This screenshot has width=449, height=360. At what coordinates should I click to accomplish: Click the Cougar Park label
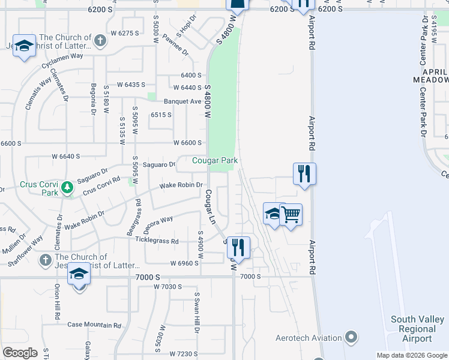coord(215,160)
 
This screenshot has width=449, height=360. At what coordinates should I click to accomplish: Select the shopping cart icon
coord(291,214)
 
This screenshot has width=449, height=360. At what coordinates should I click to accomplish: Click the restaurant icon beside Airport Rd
coord(304,174)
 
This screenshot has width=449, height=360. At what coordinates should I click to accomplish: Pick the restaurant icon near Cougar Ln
coord(238,247)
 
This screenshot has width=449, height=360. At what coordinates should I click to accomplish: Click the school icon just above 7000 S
coord(78,274)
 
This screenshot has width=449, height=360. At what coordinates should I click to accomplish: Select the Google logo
coord(20,353)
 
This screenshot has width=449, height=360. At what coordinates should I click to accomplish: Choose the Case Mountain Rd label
coord(94,325)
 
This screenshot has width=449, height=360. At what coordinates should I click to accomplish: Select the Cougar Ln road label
coord(209,206)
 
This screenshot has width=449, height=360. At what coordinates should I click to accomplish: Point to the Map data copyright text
coord(412,355)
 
